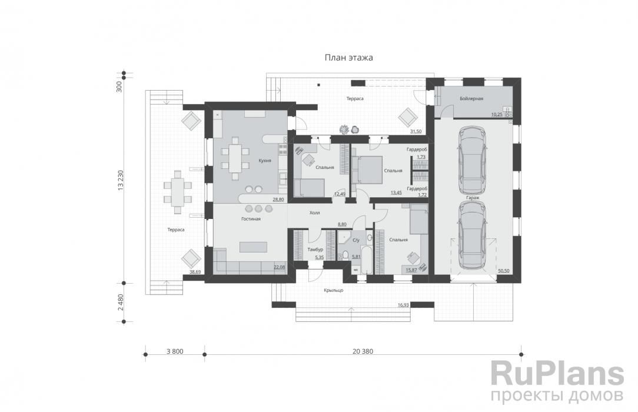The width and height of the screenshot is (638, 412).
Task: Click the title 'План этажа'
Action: [x=348, y=58]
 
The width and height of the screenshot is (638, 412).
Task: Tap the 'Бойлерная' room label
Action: [x=471, y=98]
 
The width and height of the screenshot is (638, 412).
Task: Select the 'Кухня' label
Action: [x=265, y=161]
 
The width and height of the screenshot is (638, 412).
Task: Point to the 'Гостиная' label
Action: [x=251, y=219]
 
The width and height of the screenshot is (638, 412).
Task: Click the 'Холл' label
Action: [x=314, y=212]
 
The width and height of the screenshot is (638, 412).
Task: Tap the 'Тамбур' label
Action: [x=315, y=250]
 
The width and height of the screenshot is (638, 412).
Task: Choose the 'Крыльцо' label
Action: [x=334, y=290]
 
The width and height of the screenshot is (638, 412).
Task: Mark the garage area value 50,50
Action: [x=503, y=271]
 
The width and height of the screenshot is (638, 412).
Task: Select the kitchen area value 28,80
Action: [x=278, y=200]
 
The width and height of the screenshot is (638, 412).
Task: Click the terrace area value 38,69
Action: [x=195, y=272]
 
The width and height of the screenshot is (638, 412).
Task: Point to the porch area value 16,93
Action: [x=403, y=305]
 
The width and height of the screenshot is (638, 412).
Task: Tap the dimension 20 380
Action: [x=363, y=351]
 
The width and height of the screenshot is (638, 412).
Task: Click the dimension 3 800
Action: [x=175, y=351]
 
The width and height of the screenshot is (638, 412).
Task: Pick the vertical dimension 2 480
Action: [x=119, y=303]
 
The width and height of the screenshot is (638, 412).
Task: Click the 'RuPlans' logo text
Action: [x=557, y=374]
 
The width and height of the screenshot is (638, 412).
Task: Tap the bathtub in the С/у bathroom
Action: [x=366, y=260]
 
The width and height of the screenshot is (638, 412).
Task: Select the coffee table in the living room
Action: [x=254, y=247]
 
